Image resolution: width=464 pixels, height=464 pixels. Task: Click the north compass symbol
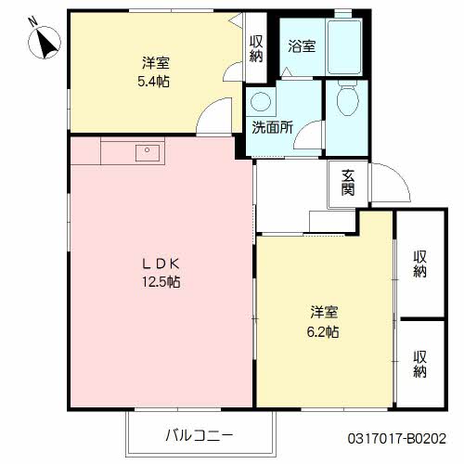(45, 43)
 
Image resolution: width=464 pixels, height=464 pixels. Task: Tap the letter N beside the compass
(32, 21)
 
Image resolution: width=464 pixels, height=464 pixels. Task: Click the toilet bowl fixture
(347, 98)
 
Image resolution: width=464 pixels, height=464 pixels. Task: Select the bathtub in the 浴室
(344, 46)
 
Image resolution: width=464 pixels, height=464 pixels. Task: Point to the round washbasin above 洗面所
(261, 101)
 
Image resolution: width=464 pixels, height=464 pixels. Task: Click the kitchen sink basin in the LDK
(148, 153)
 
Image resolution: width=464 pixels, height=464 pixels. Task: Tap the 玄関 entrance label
(348, 183)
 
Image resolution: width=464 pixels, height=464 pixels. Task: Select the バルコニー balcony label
(200, 436)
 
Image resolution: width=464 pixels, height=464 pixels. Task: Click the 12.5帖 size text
(161, 282)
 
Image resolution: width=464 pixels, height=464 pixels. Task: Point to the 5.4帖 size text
(153, 82)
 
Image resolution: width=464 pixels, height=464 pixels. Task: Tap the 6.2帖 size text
(323, 332)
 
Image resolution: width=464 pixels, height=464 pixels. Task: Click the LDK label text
(161, 264)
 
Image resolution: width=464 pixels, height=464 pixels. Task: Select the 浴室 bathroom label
(302, 46)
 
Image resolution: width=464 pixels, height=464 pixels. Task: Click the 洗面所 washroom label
(272, 127)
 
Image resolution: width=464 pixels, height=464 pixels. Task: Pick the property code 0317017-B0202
(397, 438)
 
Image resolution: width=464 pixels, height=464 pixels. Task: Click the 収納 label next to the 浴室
(256, 48)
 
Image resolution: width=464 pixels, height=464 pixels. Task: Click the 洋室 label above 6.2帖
(324, 313)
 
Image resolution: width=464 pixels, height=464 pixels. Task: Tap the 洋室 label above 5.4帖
(156, 63)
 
